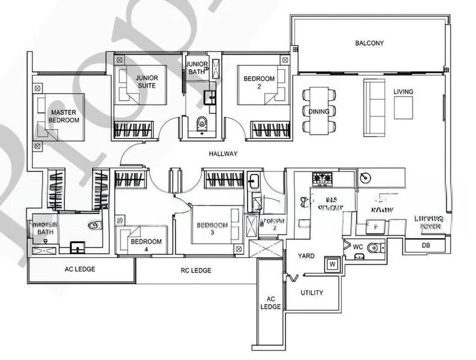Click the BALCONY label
click(x=369, y=43)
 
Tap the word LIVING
click(x=403, y=92)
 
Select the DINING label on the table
click(x=318, y=112)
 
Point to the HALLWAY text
click(x=223, y=154)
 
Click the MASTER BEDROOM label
click(x=64, y=116)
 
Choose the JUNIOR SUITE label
click(x=146, y=82)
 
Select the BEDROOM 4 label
click(x=146, y=245)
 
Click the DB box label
click(x=425, y=245)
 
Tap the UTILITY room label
click(x=312, y=293)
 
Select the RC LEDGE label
click(x=197, y=271)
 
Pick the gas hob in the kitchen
click(x=324, y=178)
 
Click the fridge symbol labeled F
click(x=375, y=227)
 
